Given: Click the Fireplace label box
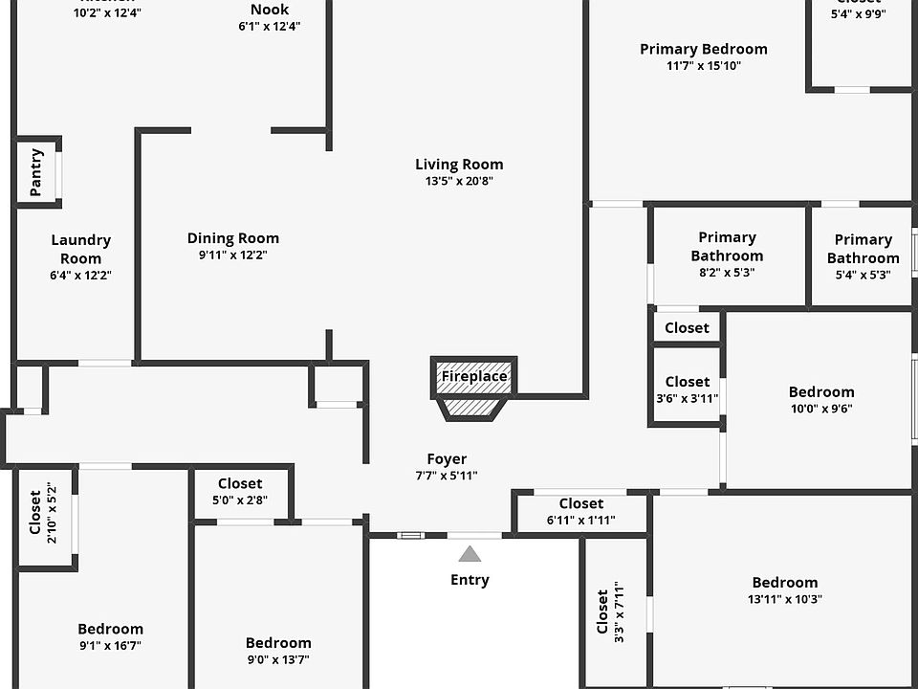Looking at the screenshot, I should click(x=474, y=377).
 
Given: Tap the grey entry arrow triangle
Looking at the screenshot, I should click(x=470, y=554).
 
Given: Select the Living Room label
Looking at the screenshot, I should click(x=459, y=165).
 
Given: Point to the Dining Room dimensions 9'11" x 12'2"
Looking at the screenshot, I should click(x=233, y=256).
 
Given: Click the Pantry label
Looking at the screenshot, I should click(x=36, y=172).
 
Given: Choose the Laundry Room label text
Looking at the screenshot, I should click(x=80, y=249).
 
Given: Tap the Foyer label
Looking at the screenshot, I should click(x=447, y=459).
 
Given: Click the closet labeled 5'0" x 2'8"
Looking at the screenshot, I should click(x=240, y=491).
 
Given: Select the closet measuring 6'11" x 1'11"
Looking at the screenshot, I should click(x=581, y=511).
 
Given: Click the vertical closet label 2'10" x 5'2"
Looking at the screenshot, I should click(x=44, y=518).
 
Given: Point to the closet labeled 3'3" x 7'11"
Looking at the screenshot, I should click(x=610, y=612).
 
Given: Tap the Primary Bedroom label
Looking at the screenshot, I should click(x=704, y=50).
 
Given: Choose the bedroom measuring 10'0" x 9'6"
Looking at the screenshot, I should click(x=821, y=399).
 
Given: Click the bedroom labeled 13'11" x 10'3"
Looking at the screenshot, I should click(x=785, y=590).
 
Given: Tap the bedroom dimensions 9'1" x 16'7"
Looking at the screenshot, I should click(x=110, y=645).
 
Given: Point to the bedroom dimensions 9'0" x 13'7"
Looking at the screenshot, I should click(x=278, y=659).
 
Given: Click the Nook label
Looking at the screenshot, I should click(x=270, y=10).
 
